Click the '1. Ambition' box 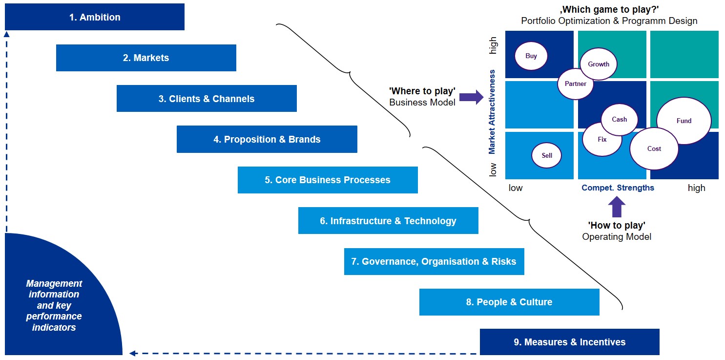pyautogui.click(x=94, y=17)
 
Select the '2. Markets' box pyautogui.click(x=146, y=58)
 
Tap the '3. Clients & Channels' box pyautogui.click(x=207, y=99)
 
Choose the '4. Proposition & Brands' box pyautogui.click(x=267, y=139)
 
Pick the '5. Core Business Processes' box pyautogui.click(x=328, y=180)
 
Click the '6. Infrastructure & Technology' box pyautogui.click(x=388, y=221)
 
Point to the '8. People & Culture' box pyautogui.click(x=509, y=302)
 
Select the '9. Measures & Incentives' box pyautogui.click(x=569, y=342)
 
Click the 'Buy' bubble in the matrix pyautogui.click(x=531, y=56)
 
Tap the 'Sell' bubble pyautogui.click(x=547, y=155)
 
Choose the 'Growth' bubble pyautogui.click(x=599, y=64)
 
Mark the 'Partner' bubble pyautogui.click(x=576, y=84)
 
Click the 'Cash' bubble pyautogui.click(x=619, y=119)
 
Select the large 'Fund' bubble pyautogui.click(x=684, y=121)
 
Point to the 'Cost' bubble pyautogui.click(x=654, y=148)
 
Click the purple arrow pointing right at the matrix pyautogui.click(x=471, y=97)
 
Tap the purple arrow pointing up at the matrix pyautogui.click(x=617, y=206)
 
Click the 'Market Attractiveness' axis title pyautogui.click(x=492, y=112)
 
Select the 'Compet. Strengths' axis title pyautogui.click(x=618, y=188)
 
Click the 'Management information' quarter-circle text pyautogui.click(x=54, y=305)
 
